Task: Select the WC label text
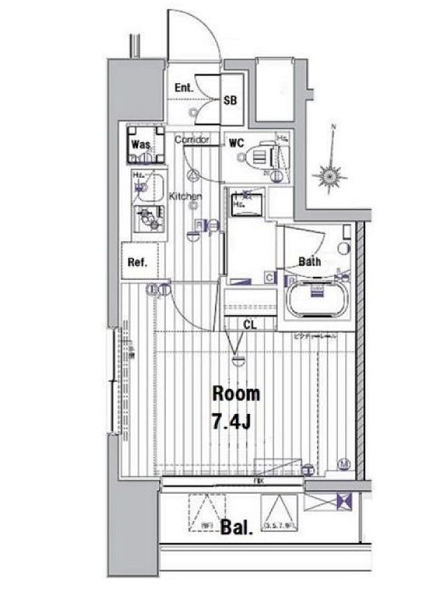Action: point(237,143)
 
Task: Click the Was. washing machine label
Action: point(141,144)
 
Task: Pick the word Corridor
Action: point(192,139)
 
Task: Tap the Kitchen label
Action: point(185,196)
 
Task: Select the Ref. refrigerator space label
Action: point(137,263)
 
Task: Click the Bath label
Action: point(310,262)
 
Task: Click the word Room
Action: point(235,393)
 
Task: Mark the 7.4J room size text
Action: point(232,420)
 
